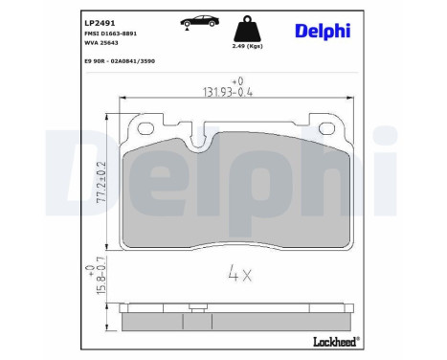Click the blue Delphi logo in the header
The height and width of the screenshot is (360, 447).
click(324, 32)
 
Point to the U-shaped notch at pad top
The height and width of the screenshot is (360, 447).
click(202, 141)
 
